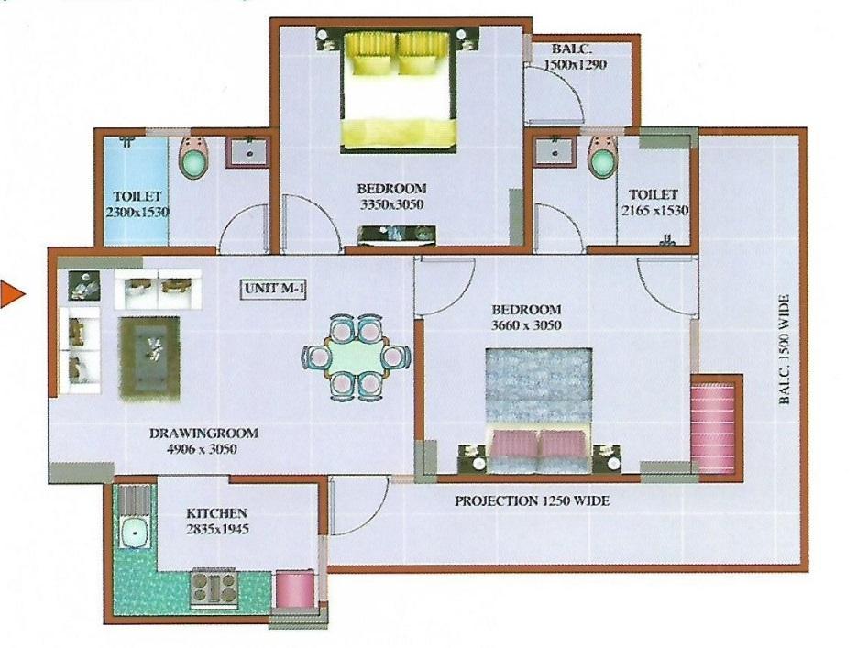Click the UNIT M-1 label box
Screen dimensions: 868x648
point(273,290)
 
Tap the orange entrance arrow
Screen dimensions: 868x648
point(11,293)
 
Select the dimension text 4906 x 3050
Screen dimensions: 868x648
point(202,449)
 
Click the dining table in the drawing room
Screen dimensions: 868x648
point(356,357)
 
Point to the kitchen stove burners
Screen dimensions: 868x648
point(214,587)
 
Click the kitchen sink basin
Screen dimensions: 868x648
point(134,532)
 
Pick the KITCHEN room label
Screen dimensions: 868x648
point(216,513)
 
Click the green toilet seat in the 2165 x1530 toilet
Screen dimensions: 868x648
point(601,161)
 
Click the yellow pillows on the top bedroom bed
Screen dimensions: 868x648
point(396,53)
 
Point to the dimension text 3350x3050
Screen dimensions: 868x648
point(392,204)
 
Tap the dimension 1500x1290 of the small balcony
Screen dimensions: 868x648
point(575,64)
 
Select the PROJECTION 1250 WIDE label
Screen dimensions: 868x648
point(532,500)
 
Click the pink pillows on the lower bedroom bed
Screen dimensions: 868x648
point(536,444)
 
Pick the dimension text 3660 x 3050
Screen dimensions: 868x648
point(526,324)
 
